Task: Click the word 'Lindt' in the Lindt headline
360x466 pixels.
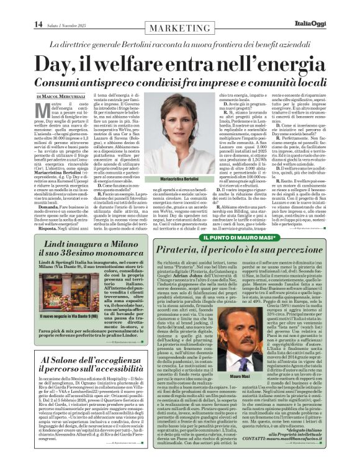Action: [x=55, y=253]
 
